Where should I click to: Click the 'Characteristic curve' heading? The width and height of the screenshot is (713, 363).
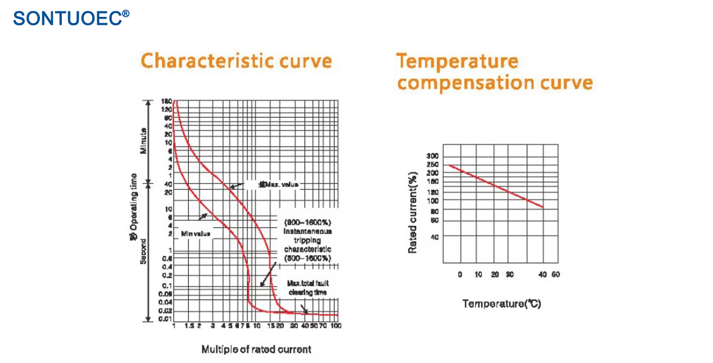tap(236, 61)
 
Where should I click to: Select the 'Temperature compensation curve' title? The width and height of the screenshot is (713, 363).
tap(494, 72)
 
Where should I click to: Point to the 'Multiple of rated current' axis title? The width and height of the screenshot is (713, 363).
tap(256, 350)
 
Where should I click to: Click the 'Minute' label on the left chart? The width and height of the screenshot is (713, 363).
tap(144, 141)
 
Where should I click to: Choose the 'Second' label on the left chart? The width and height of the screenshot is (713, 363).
tap(144, 252)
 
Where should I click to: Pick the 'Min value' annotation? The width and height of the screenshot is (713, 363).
tap(196, 233)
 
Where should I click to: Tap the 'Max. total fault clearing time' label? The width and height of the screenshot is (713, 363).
tap(307, 288)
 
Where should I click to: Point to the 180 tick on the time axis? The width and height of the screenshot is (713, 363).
tap(166, 101)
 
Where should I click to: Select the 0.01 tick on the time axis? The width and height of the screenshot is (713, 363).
tap(165, 319)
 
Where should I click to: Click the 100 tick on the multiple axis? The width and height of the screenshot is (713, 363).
tap(335, 326)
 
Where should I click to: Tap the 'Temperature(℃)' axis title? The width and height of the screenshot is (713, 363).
tap(501, 304)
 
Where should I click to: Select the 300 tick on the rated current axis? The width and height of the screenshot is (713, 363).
tap(433, 156)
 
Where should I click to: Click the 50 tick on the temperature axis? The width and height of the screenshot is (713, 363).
tap(556, 275)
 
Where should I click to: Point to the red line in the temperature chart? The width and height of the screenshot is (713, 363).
tap(496, 186)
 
